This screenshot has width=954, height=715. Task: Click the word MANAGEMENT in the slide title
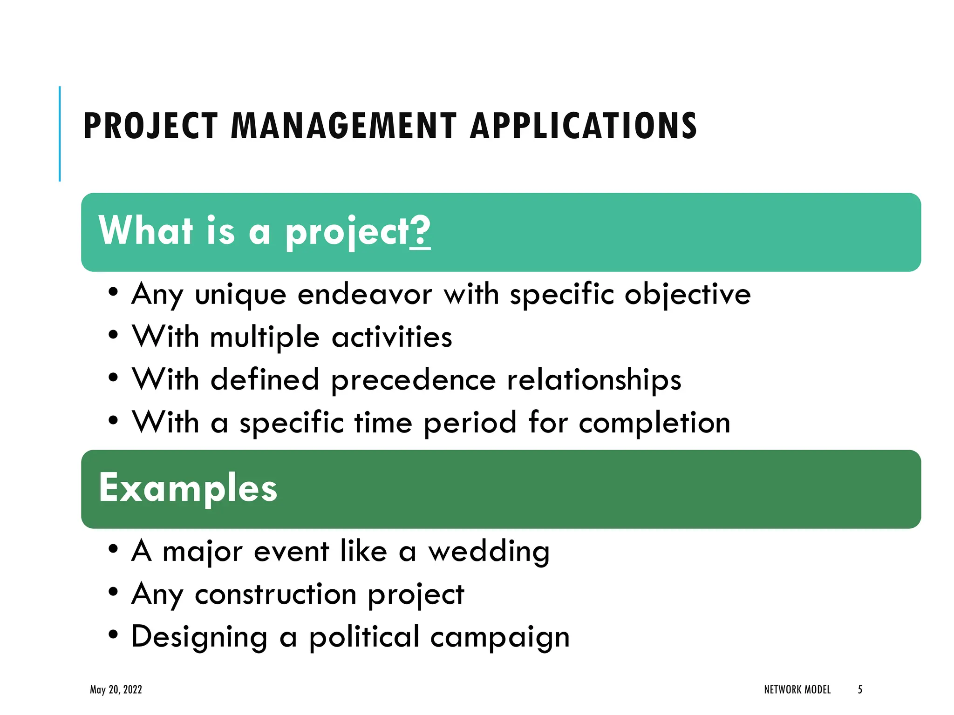tap(344, 126)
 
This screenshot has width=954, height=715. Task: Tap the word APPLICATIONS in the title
tap(583, 126)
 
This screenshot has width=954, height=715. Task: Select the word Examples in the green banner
tap(188, 488)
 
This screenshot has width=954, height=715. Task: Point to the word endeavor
tap(365, 295)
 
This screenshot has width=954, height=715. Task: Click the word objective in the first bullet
tap(688, 295)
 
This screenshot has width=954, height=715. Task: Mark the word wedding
tap(489, 552)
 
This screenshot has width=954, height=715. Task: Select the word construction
tap(275, 594)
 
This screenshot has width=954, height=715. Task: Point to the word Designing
tap(199, 637)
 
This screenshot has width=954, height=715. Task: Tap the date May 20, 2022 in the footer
tap(116, 689)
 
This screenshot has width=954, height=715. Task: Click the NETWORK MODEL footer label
tap(797, 689)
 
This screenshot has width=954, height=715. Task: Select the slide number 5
tap(860, 689)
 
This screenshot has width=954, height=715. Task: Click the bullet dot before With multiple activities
tap(113, 335)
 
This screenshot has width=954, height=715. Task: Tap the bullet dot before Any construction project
tap(113, 592)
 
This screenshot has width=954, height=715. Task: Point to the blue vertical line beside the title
tap(60, 134)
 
